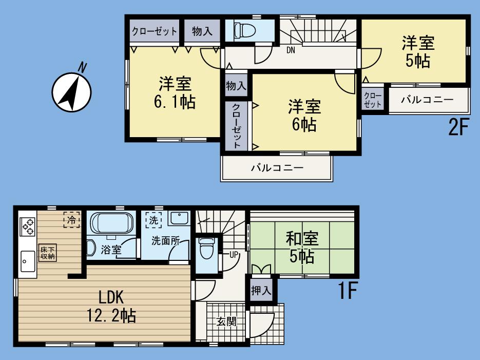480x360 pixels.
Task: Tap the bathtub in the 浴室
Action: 112,224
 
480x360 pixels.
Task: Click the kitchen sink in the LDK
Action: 26,260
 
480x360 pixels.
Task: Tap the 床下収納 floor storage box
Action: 48,253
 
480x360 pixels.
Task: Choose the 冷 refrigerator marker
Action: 72,219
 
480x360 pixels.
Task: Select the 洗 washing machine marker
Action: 153,219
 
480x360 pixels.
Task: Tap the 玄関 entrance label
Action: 226,322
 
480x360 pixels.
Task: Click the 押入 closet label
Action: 261,290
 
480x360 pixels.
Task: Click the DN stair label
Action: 291,50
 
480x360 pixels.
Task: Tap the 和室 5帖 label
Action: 302,247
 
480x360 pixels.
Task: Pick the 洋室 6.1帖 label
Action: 175,92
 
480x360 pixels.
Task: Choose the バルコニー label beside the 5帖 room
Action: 427,100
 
